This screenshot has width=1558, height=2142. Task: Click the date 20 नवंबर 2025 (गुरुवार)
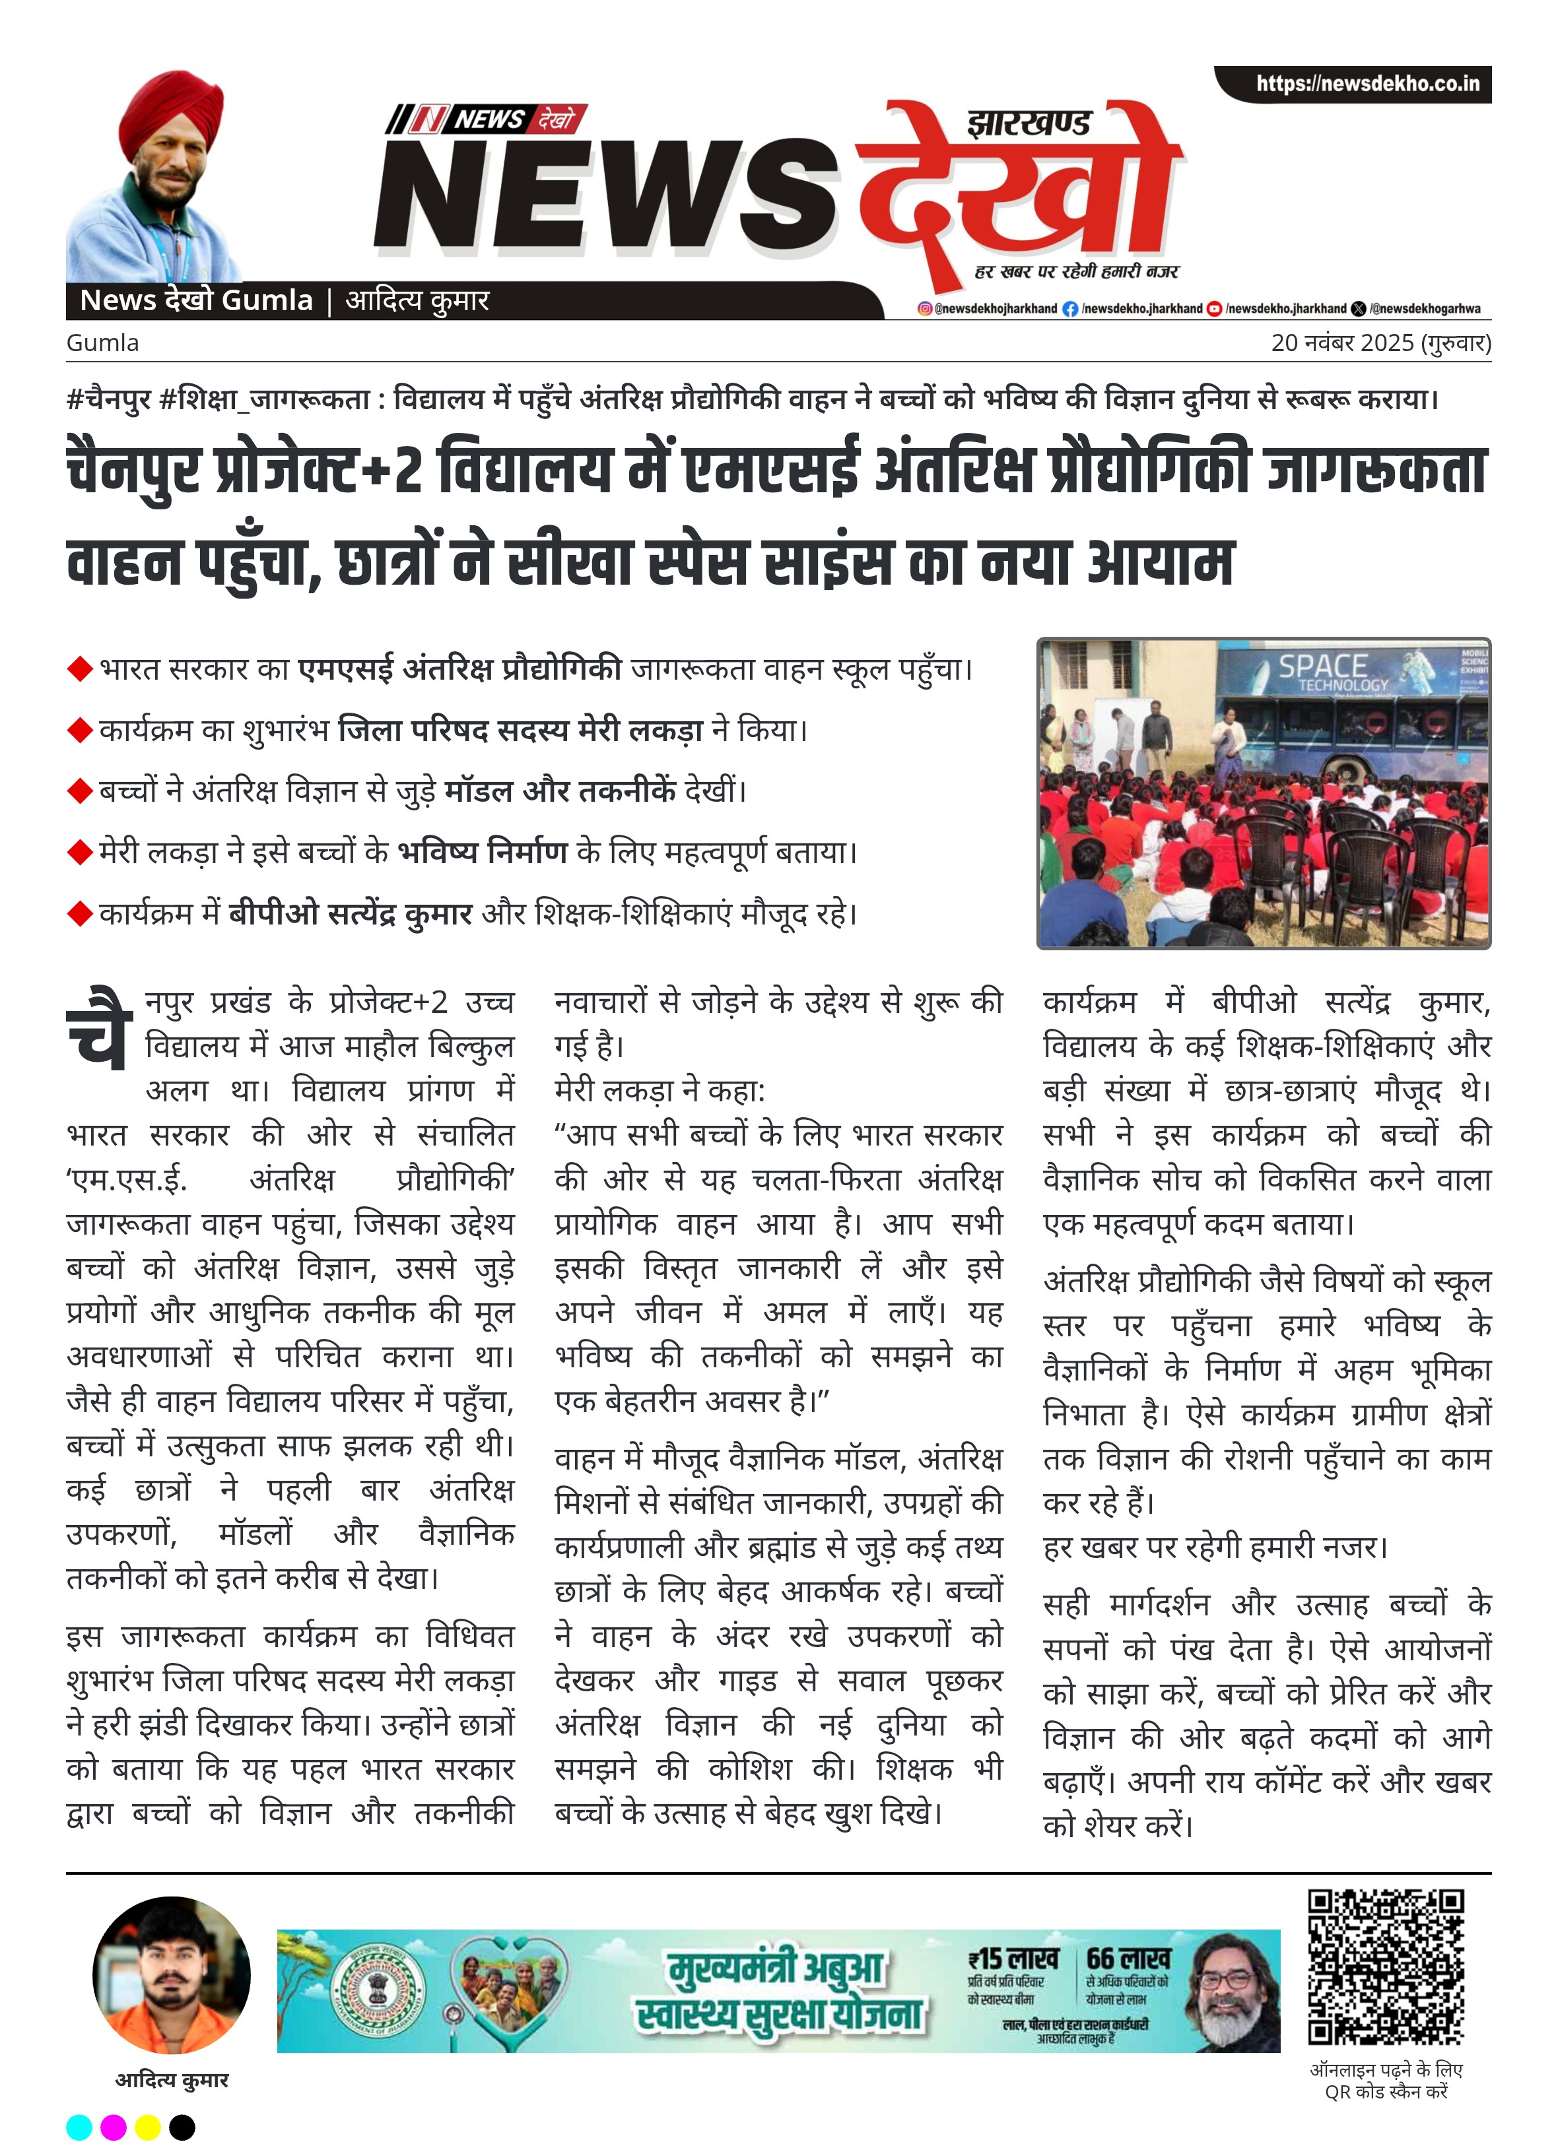coord(1380,343)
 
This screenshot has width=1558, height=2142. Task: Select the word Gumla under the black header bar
coord(102,343)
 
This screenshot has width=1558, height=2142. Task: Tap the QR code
coord(1385,1967)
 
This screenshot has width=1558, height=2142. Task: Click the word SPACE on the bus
coord(1322,666)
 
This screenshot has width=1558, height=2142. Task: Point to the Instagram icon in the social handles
coord(924,309)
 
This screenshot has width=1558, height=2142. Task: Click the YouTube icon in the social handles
coord(1214,309)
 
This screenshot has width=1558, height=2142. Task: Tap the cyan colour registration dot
coord(79,2127)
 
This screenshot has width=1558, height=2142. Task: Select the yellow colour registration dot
coord(147,2127)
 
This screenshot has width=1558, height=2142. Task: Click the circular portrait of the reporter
coord(172,1976)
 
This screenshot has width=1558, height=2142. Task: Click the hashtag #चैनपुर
coord(109,399)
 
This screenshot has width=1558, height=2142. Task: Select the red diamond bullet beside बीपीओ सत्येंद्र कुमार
coord(79,914)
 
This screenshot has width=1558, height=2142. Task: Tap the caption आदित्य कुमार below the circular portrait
coord(172,2081)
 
